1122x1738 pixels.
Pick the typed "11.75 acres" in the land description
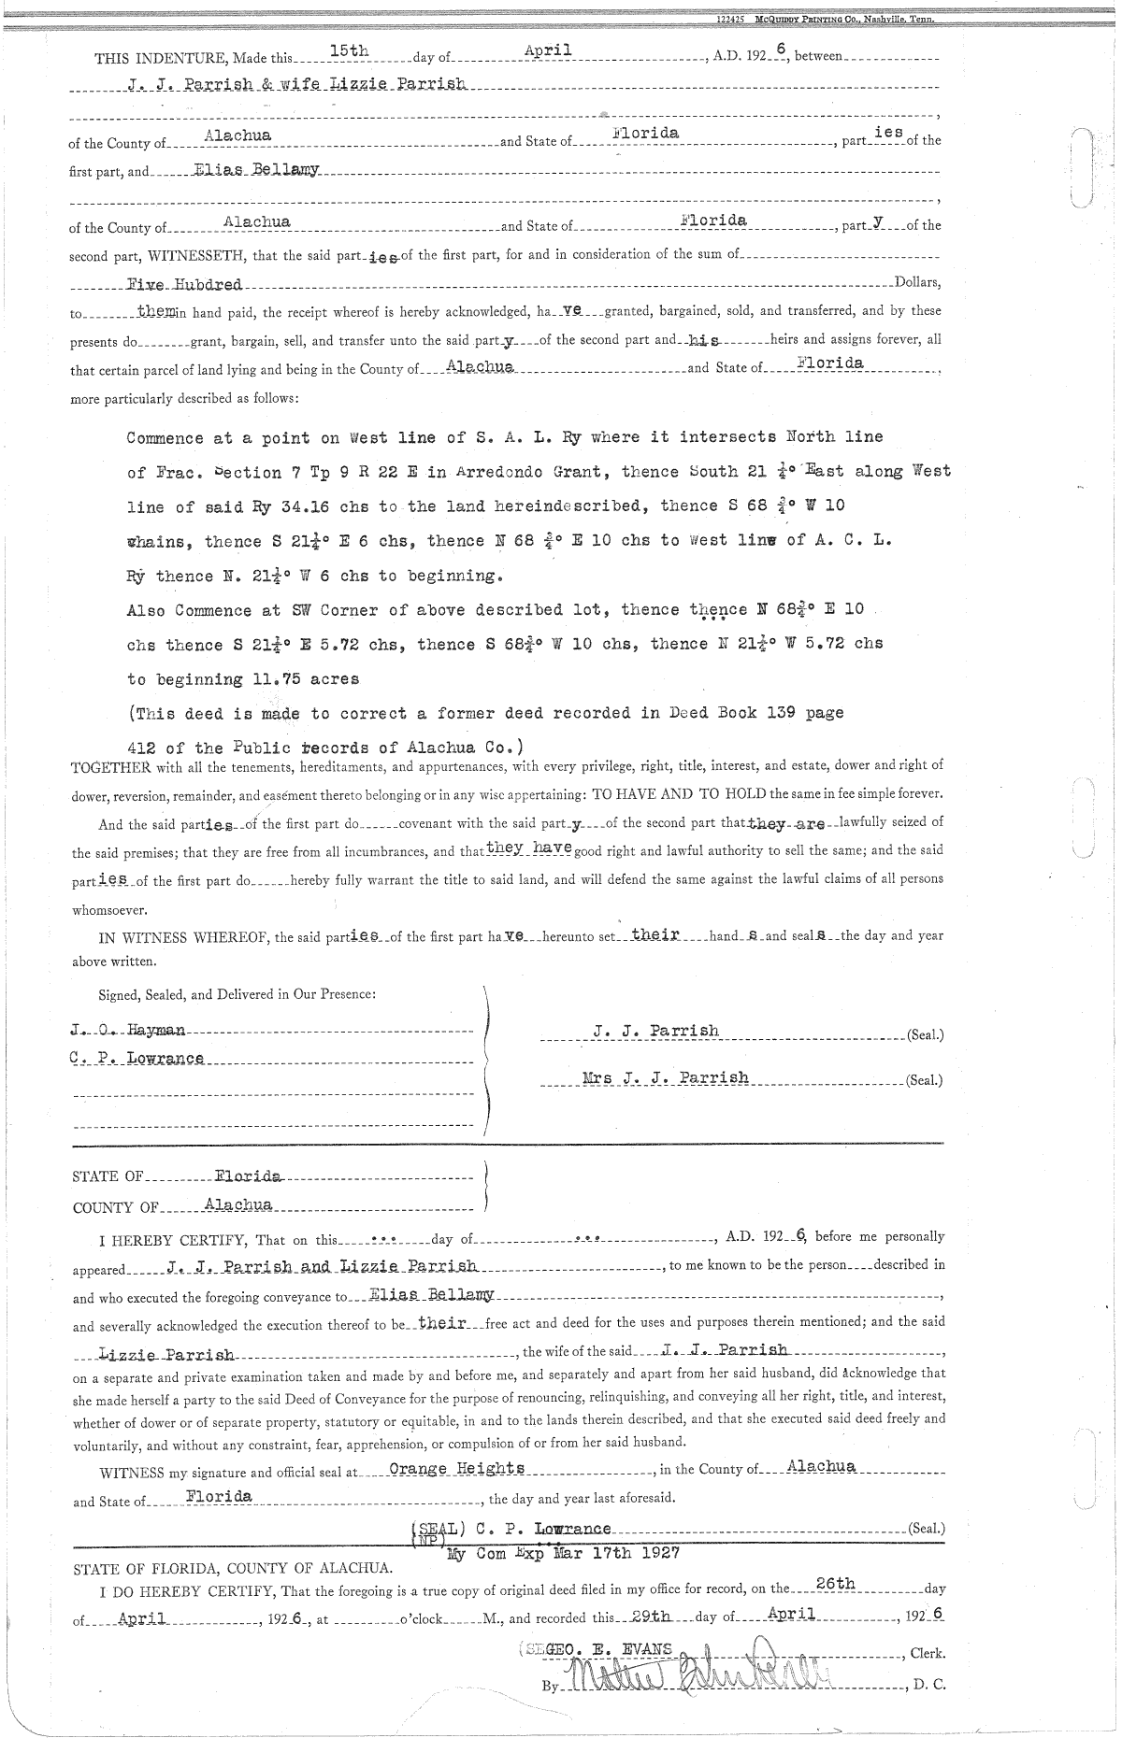[x=305, y=679]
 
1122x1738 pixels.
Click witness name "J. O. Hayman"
[x=128, y=1031]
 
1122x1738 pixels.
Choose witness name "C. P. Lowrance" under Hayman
[x=137, y=1059]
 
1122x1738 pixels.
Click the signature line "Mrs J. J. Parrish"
[x=665, y=1077]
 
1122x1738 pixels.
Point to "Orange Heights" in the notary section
[x=456, y=1468]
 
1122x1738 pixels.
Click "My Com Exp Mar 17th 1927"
[x=564, y=1554]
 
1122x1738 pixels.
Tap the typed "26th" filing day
[x=835, y=1583]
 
